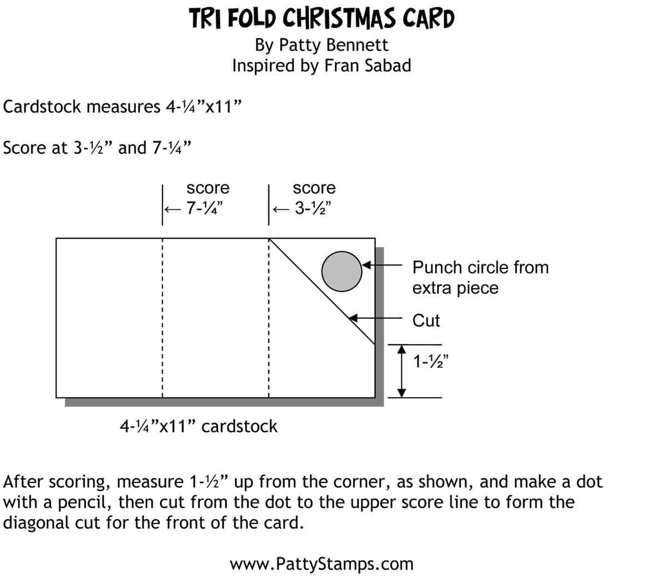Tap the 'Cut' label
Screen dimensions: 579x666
pyautogui.click(x=426, y=320)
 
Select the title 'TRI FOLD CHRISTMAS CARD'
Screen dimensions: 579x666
pyautogui.click(x=322, y=18)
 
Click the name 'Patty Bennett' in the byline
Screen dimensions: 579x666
pyautogui.click(x=334, y=45)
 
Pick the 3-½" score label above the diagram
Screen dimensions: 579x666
pyautogui.click(x=312, y=209)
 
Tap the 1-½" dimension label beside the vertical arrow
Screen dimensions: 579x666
pyautogui.click(x=431, y=362)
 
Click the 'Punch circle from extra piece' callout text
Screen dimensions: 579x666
pyautogui.click(x=480, y=277)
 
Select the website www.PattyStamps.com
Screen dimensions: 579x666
pyautogui.click(x=321, y=564)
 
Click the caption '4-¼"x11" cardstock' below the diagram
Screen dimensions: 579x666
pyautogui.click(x=199, y=426)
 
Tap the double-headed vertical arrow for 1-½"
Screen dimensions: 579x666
pyautogui.click(x=403, y=370)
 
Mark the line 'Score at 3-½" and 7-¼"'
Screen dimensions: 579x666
pyautogui.click(x=98, y=148)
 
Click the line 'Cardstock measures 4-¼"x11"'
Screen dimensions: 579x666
pyautogui.click(x=123, y=106)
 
